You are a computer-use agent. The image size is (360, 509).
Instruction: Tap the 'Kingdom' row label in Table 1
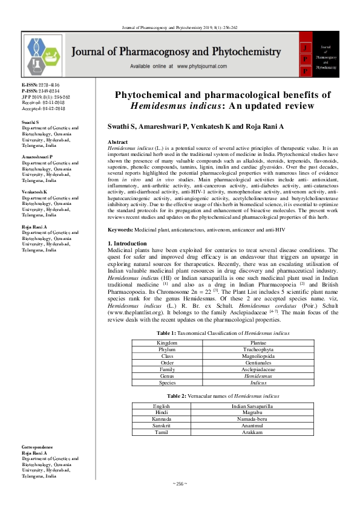point(167,342)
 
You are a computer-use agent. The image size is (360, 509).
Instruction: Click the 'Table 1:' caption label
point(168,333)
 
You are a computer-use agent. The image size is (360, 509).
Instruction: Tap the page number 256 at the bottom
point(180,484)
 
